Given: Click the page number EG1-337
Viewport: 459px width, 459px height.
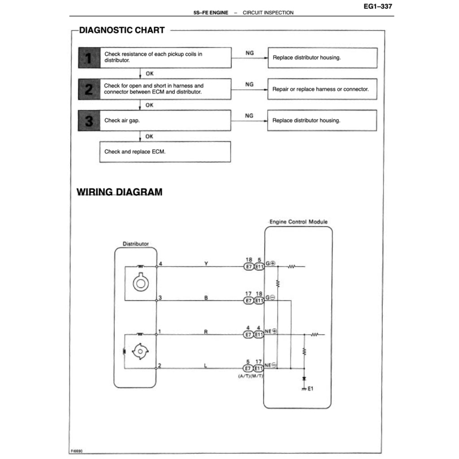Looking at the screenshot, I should point(378,7).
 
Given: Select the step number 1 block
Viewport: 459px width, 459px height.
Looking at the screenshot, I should point(89,58).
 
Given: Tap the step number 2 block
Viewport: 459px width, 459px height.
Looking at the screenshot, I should point(89,89).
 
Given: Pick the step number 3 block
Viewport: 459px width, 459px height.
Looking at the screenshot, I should point(89,121).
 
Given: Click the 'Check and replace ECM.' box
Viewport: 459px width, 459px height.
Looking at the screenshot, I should point(165,152).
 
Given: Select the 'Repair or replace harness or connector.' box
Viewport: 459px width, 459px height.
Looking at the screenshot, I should point(322,89).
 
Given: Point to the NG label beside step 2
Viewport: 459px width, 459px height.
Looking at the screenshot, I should point(249,84).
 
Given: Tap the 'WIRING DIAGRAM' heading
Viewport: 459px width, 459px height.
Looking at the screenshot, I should point(120,192).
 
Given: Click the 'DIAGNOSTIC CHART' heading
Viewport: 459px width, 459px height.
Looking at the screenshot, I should point(122,30).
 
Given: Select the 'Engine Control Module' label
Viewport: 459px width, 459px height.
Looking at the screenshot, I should point(298,222).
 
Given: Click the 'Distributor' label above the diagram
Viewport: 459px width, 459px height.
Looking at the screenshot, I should point(136,244).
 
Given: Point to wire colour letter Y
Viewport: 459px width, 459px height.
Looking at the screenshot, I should point(206,264).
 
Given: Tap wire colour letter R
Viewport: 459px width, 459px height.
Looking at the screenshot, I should point(206,332).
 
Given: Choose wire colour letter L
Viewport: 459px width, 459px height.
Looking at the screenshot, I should point(206,366).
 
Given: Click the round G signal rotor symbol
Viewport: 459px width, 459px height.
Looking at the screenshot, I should point(141,283).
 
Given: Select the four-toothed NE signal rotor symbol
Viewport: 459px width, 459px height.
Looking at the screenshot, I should point(141,351).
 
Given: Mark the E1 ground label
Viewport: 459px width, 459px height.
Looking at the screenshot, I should point(311,389).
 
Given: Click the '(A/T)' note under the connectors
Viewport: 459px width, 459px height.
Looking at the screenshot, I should point(245,376).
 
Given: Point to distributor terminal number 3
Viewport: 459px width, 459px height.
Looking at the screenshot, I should point(160,298).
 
